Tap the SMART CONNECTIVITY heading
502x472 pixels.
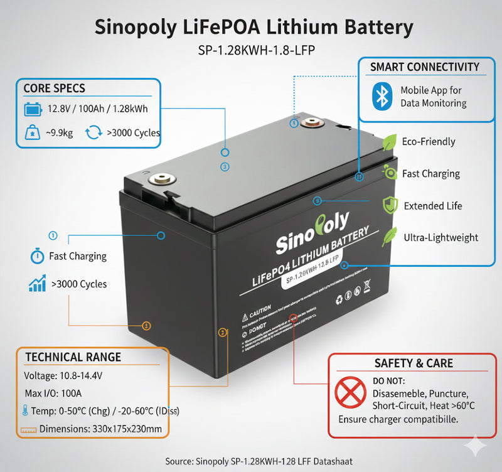click(424, 67)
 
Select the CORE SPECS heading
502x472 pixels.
click(54, 88)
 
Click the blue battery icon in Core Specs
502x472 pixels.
click(32, 110)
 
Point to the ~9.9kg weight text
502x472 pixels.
click(58, 133)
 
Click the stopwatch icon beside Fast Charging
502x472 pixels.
click(36, 256)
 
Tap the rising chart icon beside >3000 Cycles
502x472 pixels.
click(37, 284)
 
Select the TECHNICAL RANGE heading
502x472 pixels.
click(73, 357)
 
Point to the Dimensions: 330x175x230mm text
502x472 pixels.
click(100, 429)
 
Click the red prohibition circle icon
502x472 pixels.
click(351, 393)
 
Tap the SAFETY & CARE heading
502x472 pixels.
click(413, 363)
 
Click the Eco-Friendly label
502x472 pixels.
click(429, 142)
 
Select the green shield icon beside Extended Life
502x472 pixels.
click(390, 205)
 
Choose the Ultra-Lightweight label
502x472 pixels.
click(441, 237)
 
